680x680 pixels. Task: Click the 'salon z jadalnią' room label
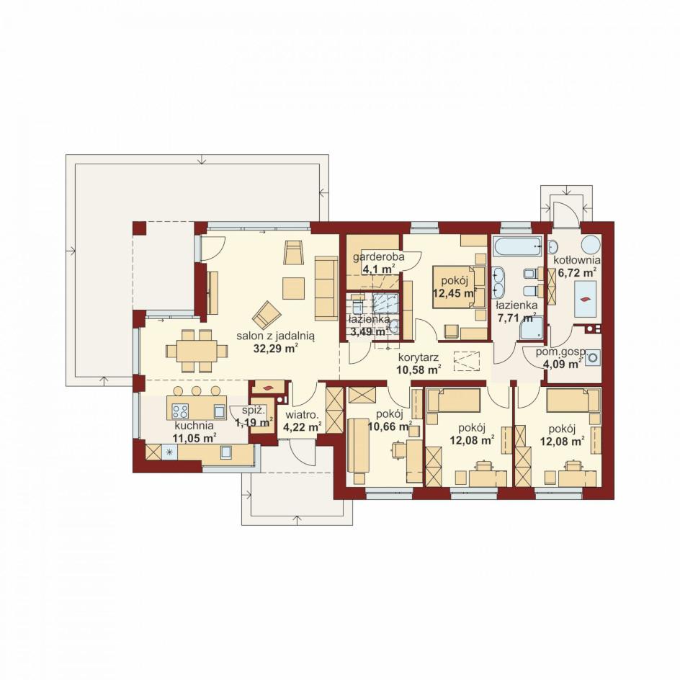275,335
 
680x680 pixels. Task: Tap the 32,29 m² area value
275,348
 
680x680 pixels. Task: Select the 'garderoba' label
379,256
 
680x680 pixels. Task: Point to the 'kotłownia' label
577,260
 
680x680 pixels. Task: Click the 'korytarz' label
419,358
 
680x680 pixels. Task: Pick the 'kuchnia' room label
194,426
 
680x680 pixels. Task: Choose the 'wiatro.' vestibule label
302,415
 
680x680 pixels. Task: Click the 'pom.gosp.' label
561,352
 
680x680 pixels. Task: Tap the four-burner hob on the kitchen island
180,411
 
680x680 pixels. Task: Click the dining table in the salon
197,351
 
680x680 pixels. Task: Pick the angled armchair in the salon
267,314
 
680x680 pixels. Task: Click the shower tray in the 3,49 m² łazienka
386,303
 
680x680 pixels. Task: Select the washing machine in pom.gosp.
594,359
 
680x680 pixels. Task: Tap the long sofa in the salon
326,288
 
